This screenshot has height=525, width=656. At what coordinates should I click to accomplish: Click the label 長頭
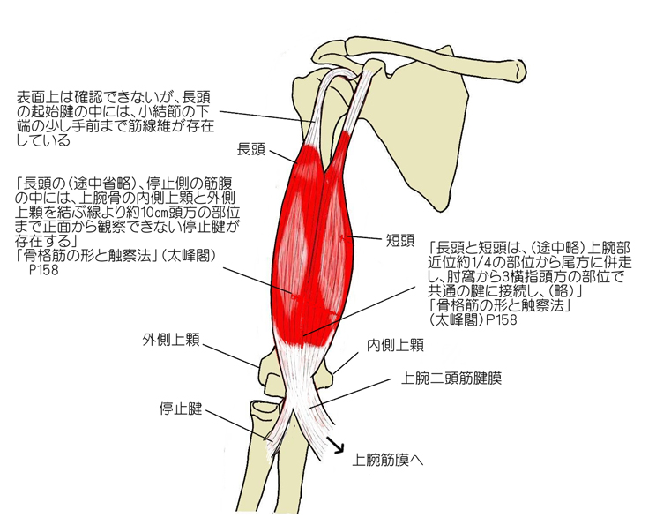pos(251,149)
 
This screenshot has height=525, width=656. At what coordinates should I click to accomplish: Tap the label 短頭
pos(400,241)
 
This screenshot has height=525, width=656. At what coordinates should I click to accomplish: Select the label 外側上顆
pos(171,339)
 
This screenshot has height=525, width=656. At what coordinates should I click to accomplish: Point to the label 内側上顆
pos(395,345)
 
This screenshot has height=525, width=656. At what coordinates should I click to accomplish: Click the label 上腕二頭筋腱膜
pos(451,379)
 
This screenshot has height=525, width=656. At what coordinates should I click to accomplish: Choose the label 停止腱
pos(181,409)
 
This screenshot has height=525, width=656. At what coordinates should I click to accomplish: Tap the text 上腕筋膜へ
pos(387,460)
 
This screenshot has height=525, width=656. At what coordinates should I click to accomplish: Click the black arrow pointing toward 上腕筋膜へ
pos(335,445)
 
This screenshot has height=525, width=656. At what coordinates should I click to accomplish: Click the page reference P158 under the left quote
pos(43,270)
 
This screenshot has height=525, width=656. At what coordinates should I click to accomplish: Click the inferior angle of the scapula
pos(437,207)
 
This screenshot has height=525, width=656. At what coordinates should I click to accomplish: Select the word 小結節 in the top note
pos(161,112)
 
